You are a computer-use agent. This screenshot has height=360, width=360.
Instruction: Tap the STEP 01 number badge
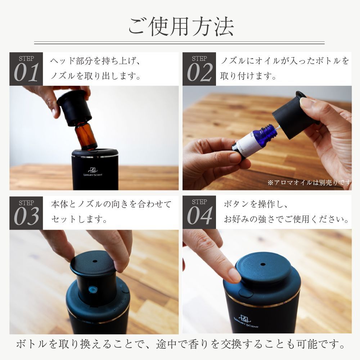[x=26, y=69]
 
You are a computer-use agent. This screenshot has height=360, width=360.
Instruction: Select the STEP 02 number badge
[x=199, y=69]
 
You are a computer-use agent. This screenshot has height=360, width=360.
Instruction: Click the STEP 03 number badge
[x=26, y=212]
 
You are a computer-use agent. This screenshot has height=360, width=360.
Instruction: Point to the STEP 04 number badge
[x=199, y=212]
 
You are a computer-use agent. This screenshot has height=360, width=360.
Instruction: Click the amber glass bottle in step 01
[x=86, y=135]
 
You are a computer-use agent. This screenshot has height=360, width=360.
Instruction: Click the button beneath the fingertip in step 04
[x=246, y=293]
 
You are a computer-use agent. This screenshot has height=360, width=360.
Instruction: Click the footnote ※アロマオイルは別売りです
[x=309, y=183]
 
